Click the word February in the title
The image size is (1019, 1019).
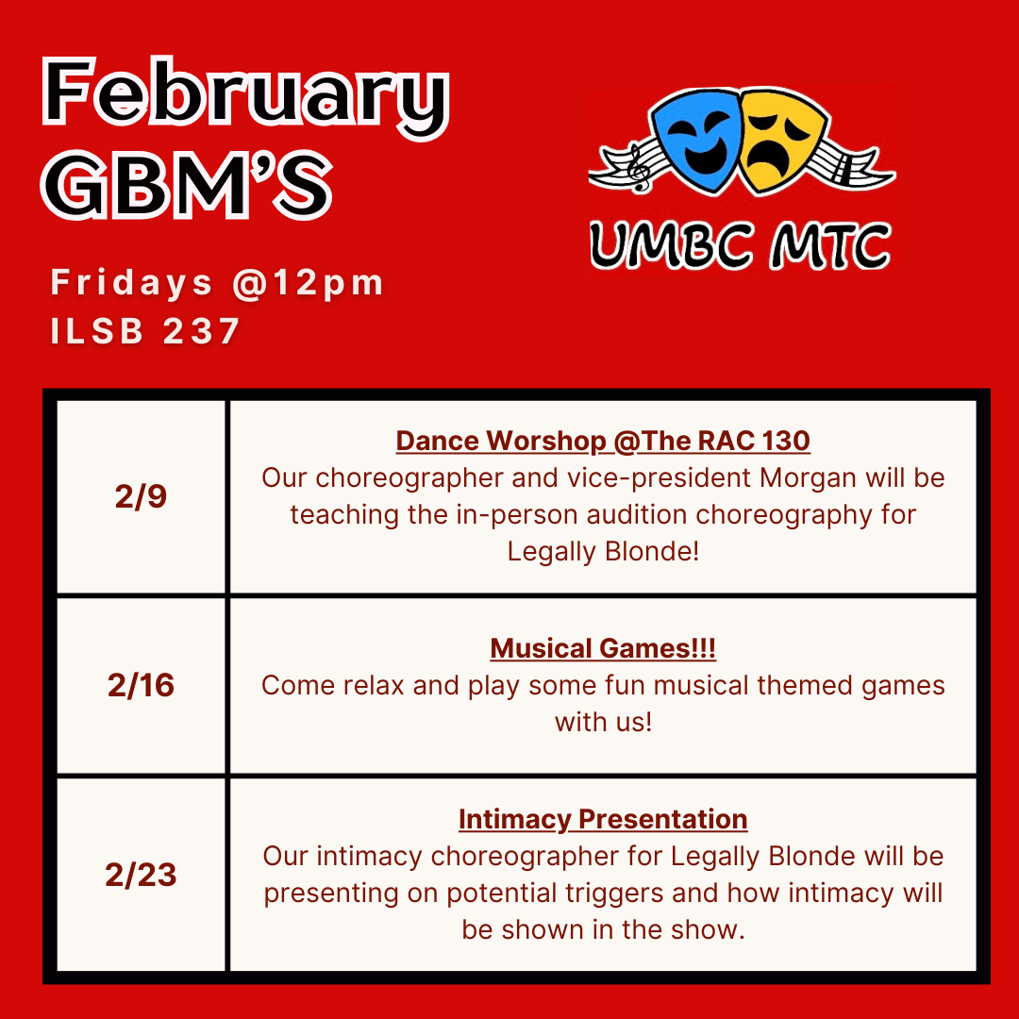(245, 98)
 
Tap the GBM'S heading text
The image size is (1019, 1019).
(187, 185)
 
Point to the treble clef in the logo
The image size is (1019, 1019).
(638, 169)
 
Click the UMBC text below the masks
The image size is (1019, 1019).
(673, 245)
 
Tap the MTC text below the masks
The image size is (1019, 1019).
(831, 245)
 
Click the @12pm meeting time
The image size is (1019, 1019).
(308, 283)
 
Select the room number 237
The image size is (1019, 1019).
(202, 331)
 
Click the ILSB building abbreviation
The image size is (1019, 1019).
(97, 331)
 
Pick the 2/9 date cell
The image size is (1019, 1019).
(141, 496)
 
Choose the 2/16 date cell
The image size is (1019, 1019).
(141, 685)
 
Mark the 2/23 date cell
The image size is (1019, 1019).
(141, 874)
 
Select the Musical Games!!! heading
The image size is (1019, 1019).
(603, 648)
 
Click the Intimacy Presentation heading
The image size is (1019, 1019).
(603, 820)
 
